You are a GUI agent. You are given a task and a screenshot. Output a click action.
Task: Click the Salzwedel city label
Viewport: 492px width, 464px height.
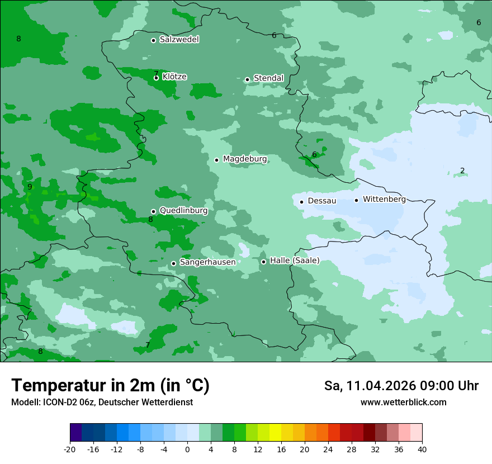point(179,40)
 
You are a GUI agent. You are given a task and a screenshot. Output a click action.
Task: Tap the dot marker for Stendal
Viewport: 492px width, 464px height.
point(247,79)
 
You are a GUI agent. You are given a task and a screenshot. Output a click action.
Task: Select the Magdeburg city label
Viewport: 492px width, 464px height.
point(245,159)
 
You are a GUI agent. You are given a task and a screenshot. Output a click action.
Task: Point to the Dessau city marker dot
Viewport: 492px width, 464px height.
point(301,202)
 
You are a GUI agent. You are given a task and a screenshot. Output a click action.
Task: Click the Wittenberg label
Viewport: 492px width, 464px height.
point(384,199)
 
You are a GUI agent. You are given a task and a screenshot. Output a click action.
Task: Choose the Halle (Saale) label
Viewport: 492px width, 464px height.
point(295,261)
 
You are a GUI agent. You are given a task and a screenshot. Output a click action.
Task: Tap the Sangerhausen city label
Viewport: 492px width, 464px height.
point(207,262)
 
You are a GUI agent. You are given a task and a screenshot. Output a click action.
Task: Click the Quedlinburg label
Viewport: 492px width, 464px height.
point(183,211)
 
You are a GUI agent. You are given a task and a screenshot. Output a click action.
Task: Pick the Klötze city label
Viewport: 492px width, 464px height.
point(174,77)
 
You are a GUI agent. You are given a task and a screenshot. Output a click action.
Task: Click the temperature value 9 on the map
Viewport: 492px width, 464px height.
point(30,187)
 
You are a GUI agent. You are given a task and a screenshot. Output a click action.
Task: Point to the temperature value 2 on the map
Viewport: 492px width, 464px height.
point(462,171)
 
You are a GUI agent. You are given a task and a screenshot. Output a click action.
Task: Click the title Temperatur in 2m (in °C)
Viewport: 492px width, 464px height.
point(110,385)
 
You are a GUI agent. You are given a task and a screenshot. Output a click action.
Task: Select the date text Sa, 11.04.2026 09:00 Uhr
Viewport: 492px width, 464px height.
point(401,386)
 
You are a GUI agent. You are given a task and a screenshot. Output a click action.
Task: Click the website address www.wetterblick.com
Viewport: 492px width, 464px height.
point(403,402)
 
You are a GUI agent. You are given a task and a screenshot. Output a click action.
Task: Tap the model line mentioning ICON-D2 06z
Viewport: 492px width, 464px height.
point(102,402)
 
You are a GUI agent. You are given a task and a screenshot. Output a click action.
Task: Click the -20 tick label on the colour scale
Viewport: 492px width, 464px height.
point(70,449)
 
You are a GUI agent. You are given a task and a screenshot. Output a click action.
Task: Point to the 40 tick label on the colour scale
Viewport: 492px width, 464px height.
point(422,449)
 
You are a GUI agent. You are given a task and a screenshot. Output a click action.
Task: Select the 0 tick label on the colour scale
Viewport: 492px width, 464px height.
point(187,449)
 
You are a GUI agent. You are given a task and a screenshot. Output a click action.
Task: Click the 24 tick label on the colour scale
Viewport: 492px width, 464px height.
point(328,449)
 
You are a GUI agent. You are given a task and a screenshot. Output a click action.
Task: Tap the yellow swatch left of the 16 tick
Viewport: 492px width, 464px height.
point(275,433)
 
